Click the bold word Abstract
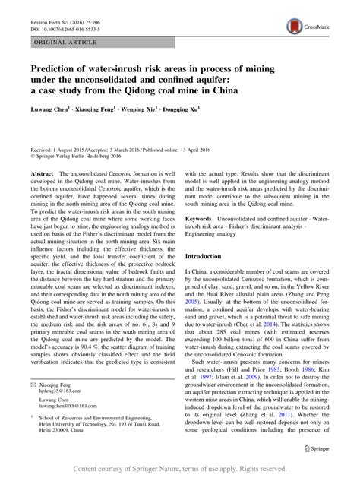tap(40, 175)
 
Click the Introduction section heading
tap(209, 256)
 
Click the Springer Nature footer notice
tap(180, 470)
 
